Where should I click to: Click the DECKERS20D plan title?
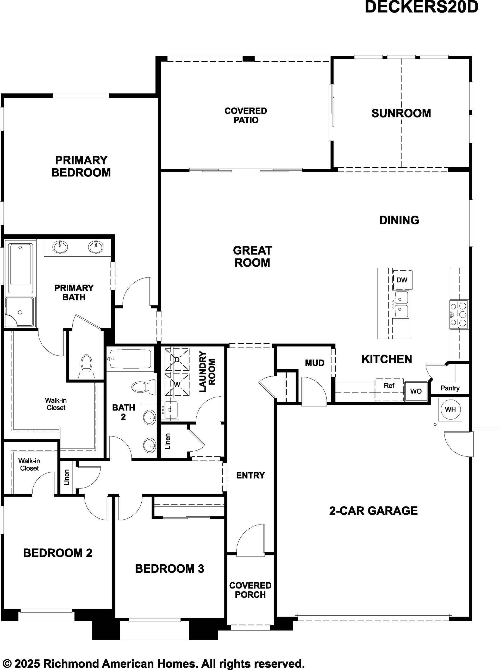421,7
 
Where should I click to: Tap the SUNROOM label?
401,113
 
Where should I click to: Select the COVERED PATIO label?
246,116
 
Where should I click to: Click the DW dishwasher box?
402,280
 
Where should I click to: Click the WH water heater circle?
450,409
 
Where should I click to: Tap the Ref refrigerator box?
389,390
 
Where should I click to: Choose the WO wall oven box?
416,391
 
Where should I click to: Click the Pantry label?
450,388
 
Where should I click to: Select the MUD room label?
315,363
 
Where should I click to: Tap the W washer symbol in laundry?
177,385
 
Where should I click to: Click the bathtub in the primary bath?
20,268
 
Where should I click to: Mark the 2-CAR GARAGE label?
373,511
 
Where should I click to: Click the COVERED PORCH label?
250,590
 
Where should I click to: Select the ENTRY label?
250,476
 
